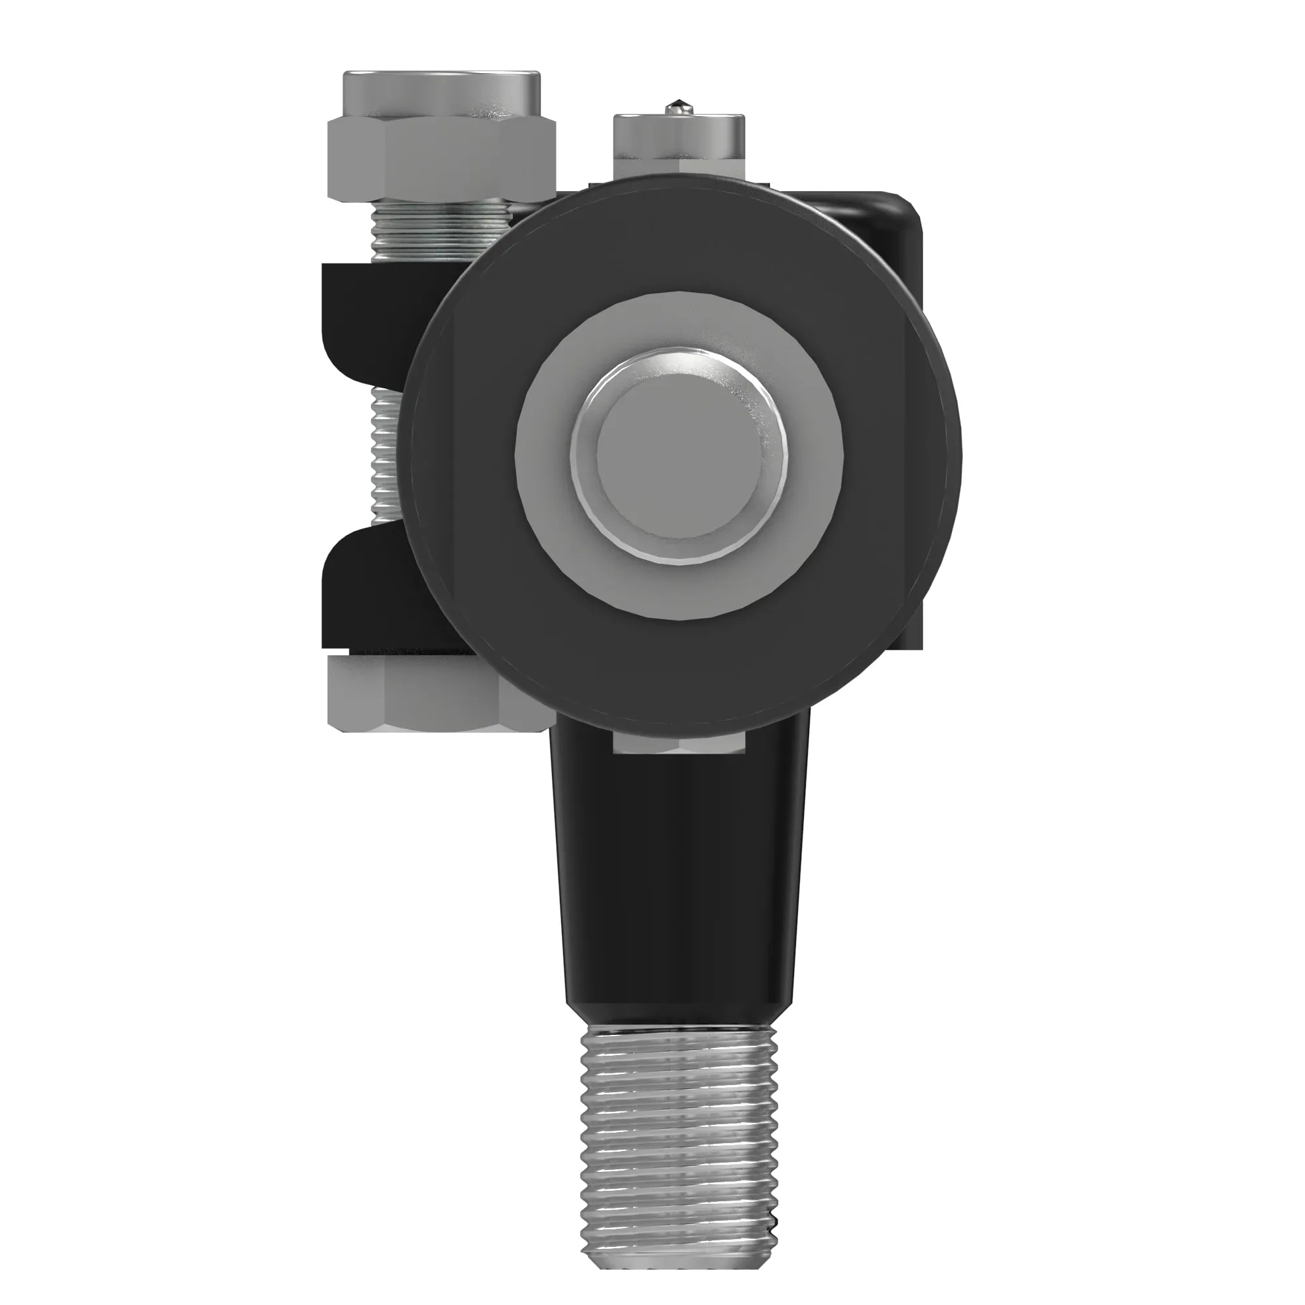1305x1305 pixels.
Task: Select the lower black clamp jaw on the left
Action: [365, 594]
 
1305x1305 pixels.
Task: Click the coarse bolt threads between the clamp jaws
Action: [386, 459]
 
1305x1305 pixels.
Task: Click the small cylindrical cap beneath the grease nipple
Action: [679, 135]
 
